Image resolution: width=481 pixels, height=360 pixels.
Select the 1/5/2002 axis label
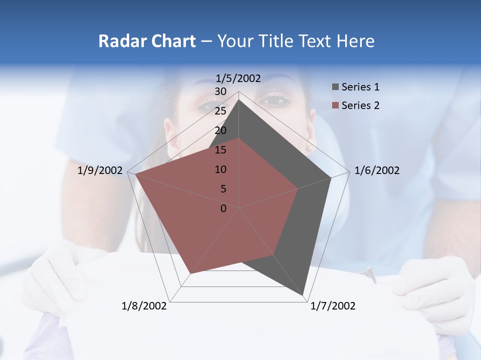coord(238,78)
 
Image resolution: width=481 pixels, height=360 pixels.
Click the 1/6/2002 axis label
coord(377,170)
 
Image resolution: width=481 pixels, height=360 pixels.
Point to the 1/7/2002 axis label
coord(333,306)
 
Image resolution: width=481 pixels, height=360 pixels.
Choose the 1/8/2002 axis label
coord(144,306)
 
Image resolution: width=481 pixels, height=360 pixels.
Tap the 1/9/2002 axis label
coord(100,170)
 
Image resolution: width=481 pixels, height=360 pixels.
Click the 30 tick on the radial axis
coord(220,91)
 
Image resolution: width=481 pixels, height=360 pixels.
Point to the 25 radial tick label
coord(220,111)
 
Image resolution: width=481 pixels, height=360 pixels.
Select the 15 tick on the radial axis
coord(220,150)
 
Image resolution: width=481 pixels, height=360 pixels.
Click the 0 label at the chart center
coord(223,208)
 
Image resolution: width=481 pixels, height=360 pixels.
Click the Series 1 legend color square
coord(335,87)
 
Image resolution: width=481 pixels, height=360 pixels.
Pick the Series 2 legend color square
coord(335,105)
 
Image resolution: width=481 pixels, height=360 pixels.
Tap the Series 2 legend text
coord(360,105)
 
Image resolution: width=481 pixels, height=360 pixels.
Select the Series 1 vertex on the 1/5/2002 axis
coord(239,99)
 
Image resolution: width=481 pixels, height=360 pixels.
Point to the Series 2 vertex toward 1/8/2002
coord(190,274)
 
